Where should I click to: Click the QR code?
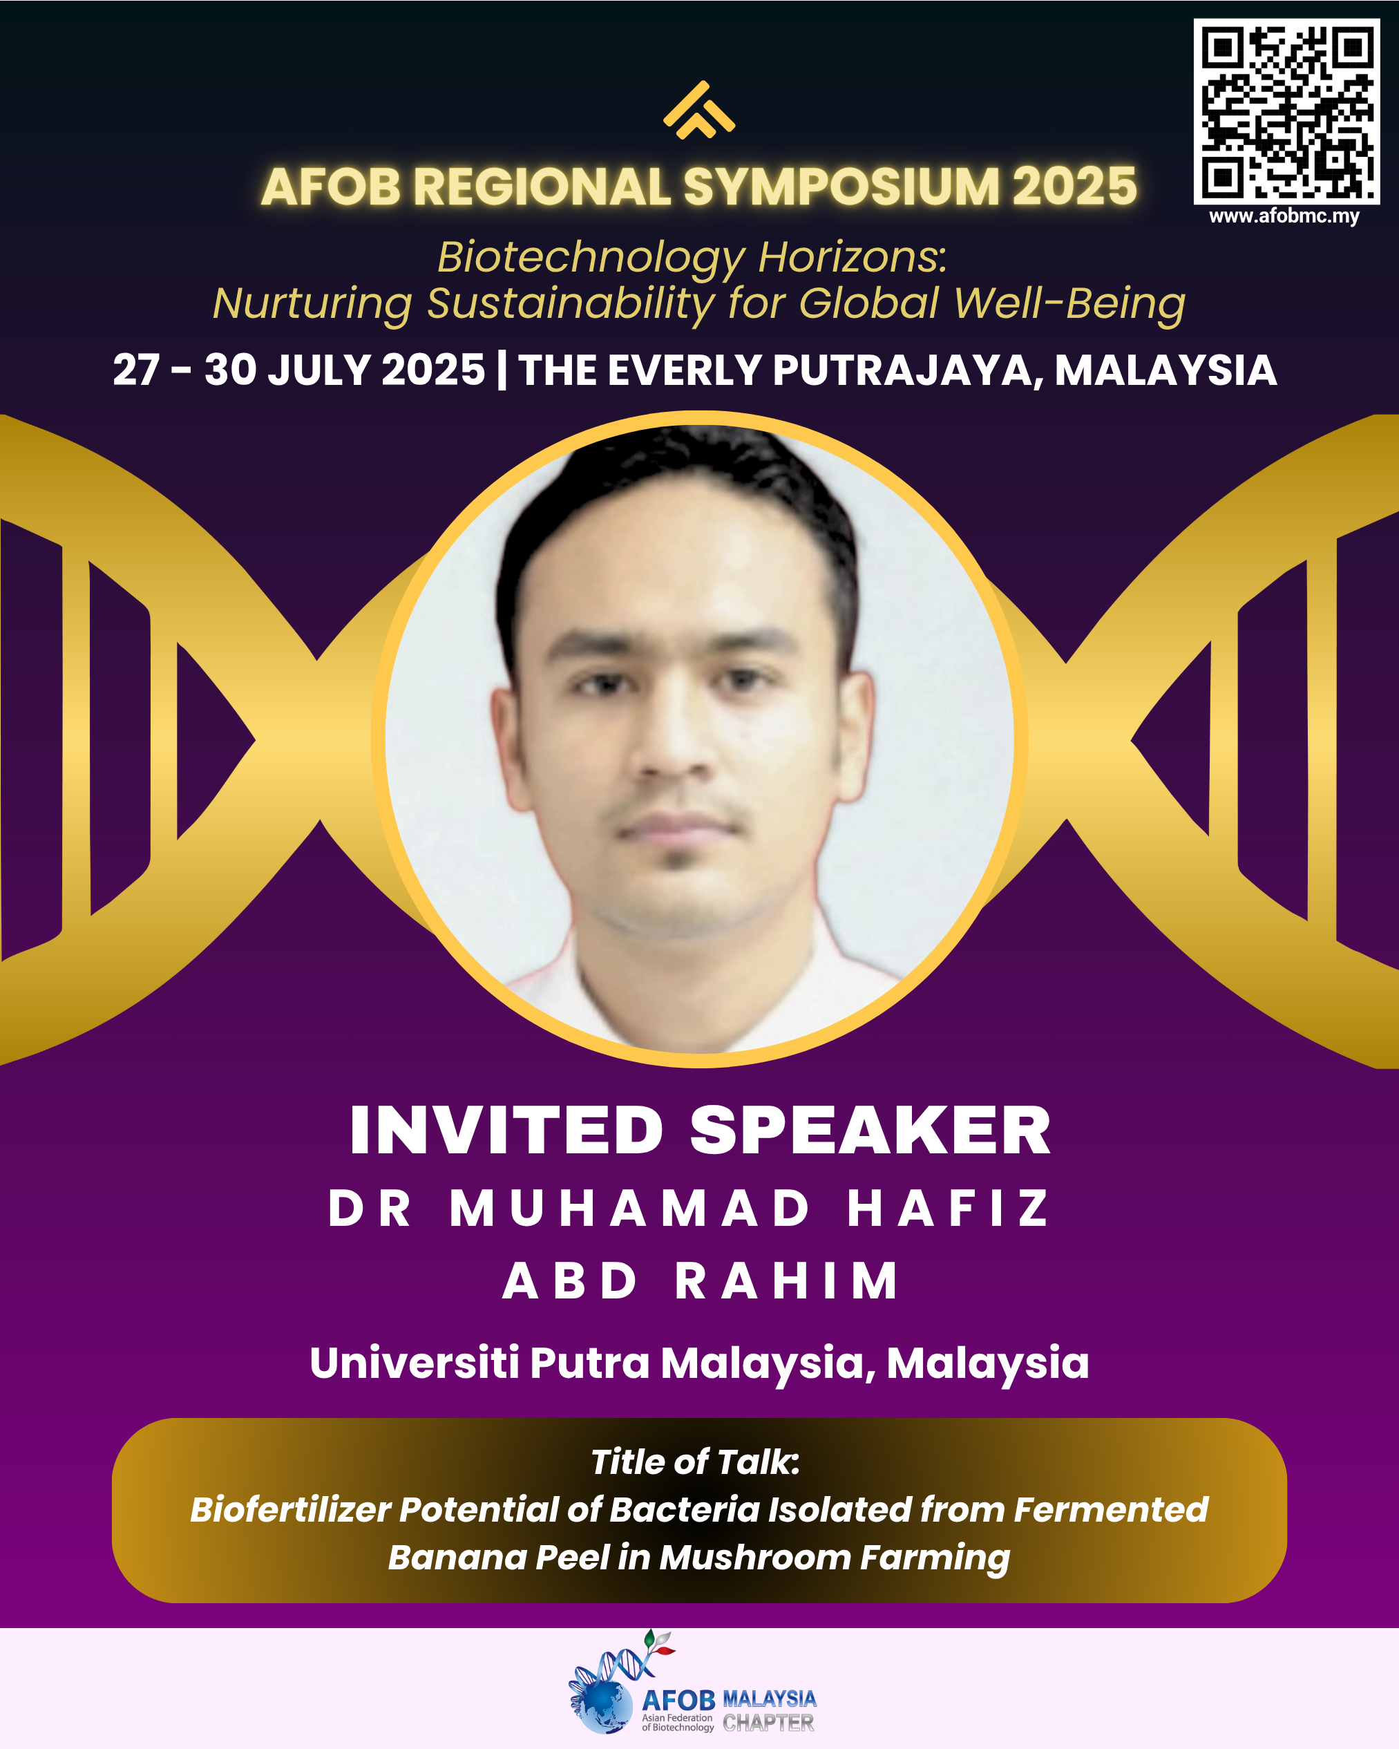[1286, 111]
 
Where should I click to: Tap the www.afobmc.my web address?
[1284, 216]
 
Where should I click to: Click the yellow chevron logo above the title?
[699, 111]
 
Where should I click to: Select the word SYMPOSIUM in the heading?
[841, 187]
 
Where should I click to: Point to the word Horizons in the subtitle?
[853, 257]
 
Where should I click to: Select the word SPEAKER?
[870, 1130]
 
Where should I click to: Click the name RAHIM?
[786, 1281]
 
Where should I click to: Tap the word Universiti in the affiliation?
[415, 1363]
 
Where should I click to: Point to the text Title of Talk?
[695, 1462]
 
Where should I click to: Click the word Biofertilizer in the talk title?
[290, 1510]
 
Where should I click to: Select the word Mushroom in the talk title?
[754, 1558]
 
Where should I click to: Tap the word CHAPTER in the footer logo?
[768, 1722]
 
